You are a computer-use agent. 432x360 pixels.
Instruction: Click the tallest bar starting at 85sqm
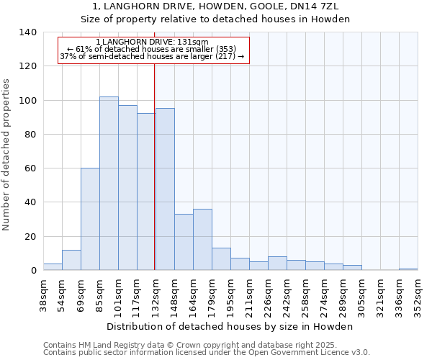109,184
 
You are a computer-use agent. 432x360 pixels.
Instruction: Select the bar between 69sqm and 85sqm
90,219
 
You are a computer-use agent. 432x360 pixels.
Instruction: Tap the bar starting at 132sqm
165,189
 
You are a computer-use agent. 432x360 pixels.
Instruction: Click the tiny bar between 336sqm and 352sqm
408,269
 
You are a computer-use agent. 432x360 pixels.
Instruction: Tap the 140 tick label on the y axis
27,32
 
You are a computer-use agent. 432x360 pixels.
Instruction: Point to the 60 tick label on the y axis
30,168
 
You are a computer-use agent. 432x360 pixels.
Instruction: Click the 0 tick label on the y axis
33,271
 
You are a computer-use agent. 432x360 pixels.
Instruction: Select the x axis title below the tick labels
230,326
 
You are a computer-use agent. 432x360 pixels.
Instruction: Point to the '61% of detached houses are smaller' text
152,49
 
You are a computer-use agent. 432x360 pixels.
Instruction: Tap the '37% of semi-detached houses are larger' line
152,56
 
